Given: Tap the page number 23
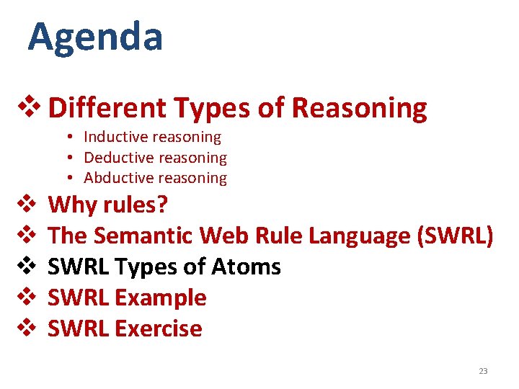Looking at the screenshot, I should click(483, 371).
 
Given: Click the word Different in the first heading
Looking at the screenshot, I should click(106, 108).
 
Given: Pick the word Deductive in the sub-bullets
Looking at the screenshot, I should click(116, 157).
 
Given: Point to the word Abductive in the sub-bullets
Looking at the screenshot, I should click(116, 178).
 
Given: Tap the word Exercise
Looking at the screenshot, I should click(158, 328).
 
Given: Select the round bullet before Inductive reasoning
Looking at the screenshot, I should click(73, 137).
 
